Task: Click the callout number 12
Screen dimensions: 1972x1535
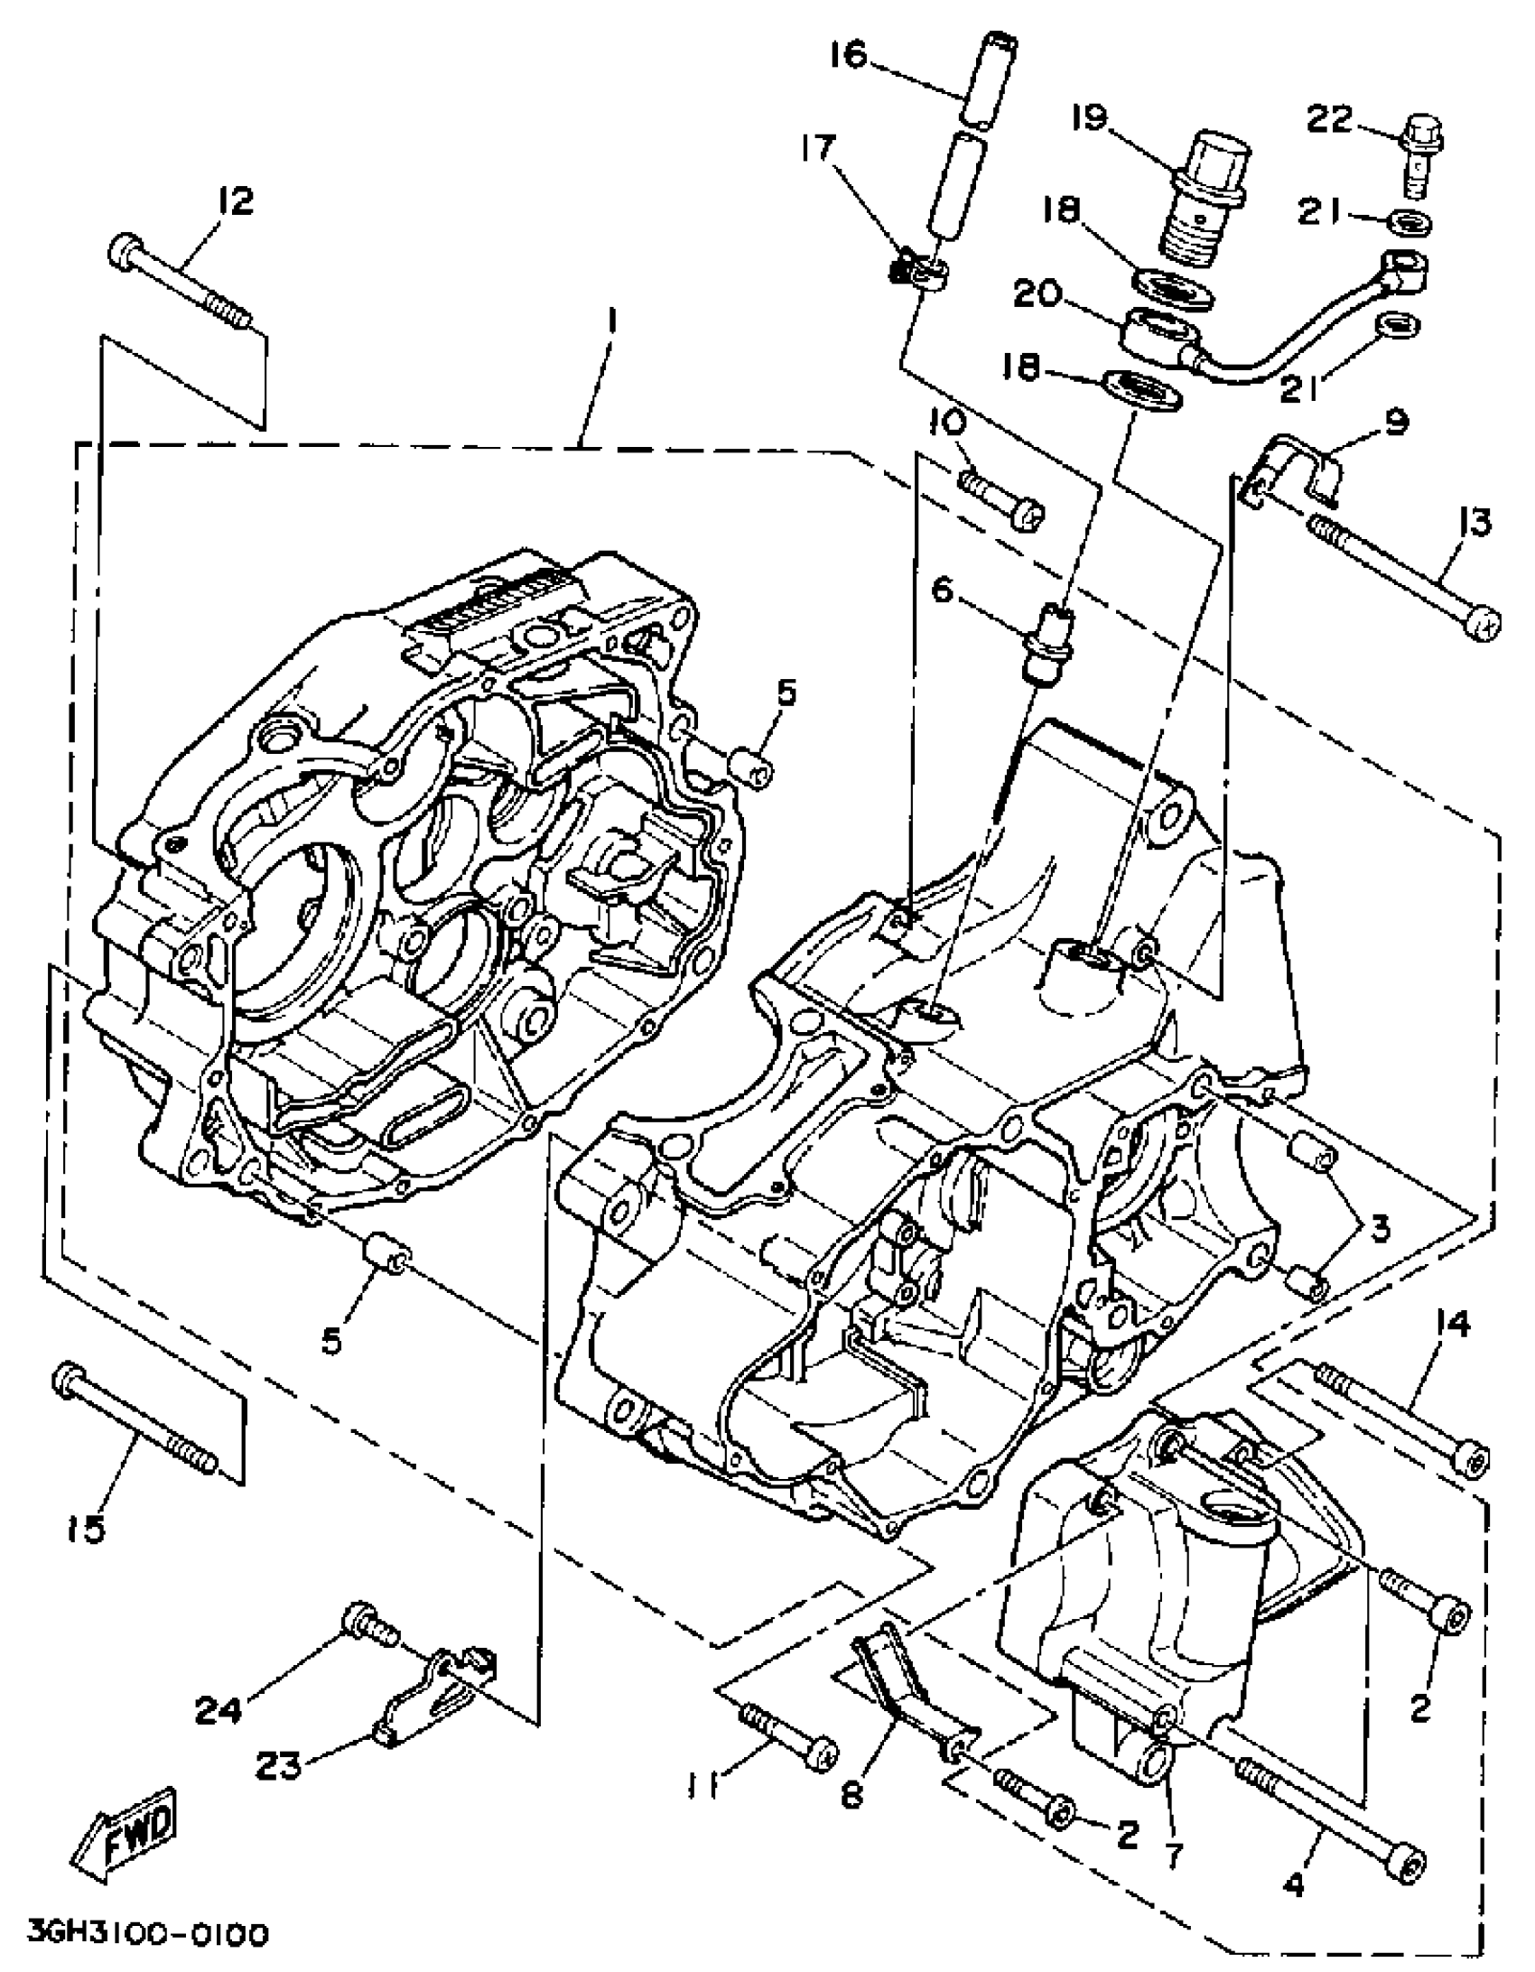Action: pos(236,200)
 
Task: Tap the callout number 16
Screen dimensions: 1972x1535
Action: pos(848,56)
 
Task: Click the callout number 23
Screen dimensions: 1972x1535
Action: pos(277,1764)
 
